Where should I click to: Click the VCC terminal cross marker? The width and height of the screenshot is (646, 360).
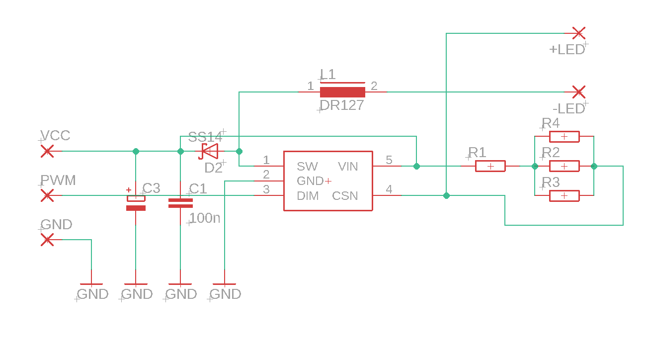coord(47,151)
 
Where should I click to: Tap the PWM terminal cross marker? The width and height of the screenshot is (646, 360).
coord(47,195)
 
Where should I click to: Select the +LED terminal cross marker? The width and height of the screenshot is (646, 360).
coord(578,33)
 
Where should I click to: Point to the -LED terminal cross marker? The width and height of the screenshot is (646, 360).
coord(578,92)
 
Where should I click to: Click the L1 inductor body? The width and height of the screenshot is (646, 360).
coord(342,92)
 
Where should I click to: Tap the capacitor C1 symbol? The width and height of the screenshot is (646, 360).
coord(180,203)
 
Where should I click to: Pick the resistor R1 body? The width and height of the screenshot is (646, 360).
coord(490,166)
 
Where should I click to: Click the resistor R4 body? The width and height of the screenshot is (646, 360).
coord(564,136)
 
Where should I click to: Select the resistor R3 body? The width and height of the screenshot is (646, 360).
coord(564,196)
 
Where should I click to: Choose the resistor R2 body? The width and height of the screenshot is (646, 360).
coord(564,166)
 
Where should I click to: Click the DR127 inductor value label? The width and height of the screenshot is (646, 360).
coord(342,105)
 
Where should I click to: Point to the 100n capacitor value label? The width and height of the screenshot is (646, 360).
coord(205,218)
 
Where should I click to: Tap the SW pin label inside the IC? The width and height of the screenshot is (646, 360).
coord(307,166)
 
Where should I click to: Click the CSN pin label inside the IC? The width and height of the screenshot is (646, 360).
coord(345,196)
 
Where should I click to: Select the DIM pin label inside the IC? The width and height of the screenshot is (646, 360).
coord(308,196)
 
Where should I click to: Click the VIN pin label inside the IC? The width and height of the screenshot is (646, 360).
coord(348,166)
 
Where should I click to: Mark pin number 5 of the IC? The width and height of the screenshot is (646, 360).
coord(389,160)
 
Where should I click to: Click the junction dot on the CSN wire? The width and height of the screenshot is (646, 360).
coord(446,195)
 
